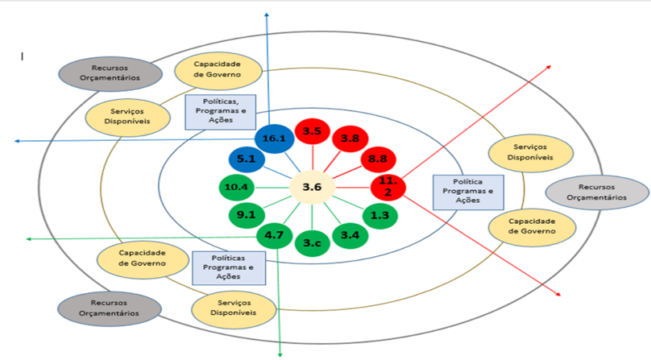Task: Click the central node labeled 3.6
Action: pos(312,187)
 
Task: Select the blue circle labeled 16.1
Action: pos(274,139)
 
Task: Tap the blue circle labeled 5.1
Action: pos(246,159)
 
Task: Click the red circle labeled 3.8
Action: pos(350,139)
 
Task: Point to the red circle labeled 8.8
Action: pos(376,159)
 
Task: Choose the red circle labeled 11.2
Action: pos(388,188)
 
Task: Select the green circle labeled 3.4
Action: pos(350,235)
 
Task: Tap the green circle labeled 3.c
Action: pos(312,242)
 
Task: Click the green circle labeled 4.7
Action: pos(273,236)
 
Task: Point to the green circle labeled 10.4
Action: pos(237,188)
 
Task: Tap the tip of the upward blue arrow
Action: pos(268,14)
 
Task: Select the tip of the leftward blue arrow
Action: pos(15,141)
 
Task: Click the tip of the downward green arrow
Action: pos(280,355)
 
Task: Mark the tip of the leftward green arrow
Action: pos(27,239)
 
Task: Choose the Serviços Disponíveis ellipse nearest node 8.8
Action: pos(532,152)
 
